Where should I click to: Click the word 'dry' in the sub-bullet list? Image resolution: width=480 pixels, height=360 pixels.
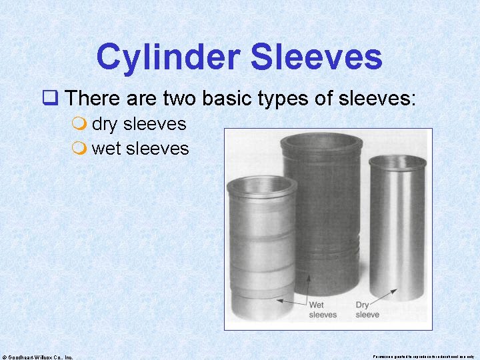click(x=105, y=124)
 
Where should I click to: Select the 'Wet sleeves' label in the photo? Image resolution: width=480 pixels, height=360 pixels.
click(x=323, y=310)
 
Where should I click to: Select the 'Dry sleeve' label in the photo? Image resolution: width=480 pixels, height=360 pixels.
click(x=367, y=310)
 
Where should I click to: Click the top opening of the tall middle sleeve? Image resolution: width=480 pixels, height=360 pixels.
click(x=323, y=143)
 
